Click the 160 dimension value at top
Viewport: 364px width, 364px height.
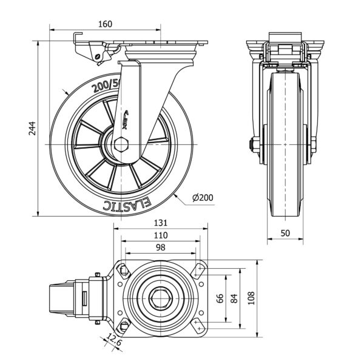[105, 24]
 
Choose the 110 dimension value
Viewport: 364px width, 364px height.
[160, 235]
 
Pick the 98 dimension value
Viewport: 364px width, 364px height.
[160, 247]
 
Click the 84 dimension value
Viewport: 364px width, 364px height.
[236, 298]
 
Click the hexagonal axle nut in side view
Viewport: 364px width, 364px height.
[121, 145]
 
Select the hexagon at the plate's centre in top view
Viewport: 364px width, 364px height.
[160, 298]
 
